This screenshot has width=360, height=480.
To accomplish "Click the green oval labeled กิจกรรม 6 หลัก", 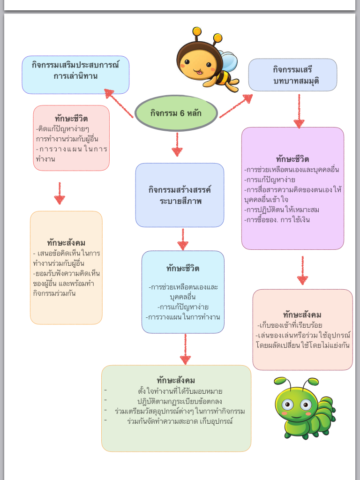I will pos(176,113).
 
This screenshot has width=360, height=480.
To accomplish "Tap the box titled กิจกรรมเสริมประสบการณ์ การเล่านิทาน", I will pos(75,75).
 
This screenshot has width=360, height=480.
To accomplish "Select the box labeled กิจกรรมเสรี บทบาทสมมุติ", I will pos(292,75).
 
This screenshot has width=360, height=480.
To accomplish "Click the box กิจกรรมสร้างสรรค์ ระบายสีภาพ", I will pos(180,195).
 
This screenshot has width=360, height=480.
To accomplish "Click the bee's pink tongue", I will pos(198,72).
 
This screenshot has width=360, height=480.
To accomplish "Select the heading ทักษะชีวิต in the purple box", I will pos(292,159).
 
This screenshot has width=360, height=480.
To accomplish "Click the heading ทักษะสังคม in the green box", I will pos(176,380).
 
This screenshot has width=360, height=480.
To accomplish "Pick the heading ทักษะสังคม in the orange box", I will pos(66,242).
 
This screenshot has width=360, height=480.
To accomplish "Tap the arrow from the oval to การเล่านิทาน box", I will pos(118,103).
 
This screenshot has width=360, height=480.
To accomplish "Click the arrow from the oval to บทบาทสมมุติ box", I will pos(236,106).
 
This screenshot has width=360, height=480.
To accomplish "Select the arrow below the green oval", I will pos(177,144).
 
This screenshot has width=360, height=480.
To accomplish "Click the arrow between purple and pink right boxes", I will pos(302,270).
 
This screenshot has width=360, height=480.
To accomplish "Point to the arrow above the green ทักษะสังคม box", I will pos(185,349).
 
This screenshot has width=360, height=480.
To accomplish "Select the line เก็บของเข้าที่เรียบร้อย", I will pos(290,325).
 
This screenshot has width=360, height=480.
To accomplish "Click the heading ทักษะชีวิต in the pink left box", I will pos(71,118).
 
